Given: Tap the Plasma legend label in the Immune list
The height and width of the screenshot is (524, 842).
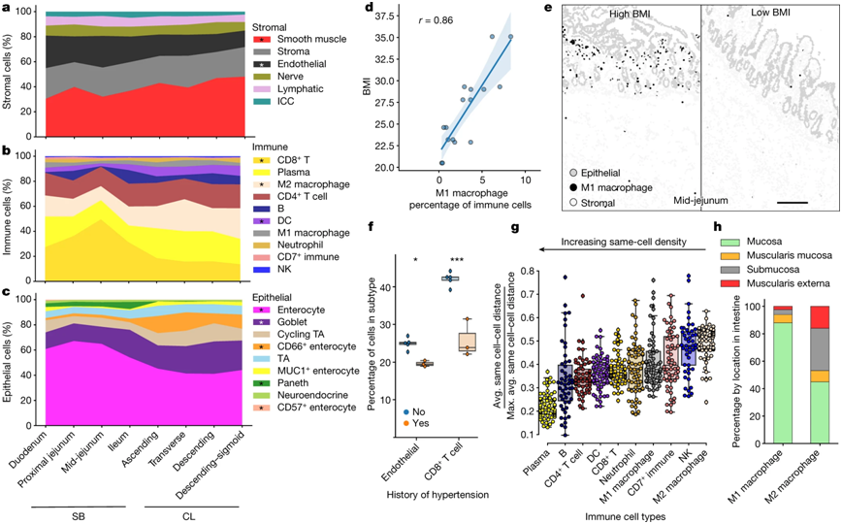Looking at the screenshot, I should pos(295,172).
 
